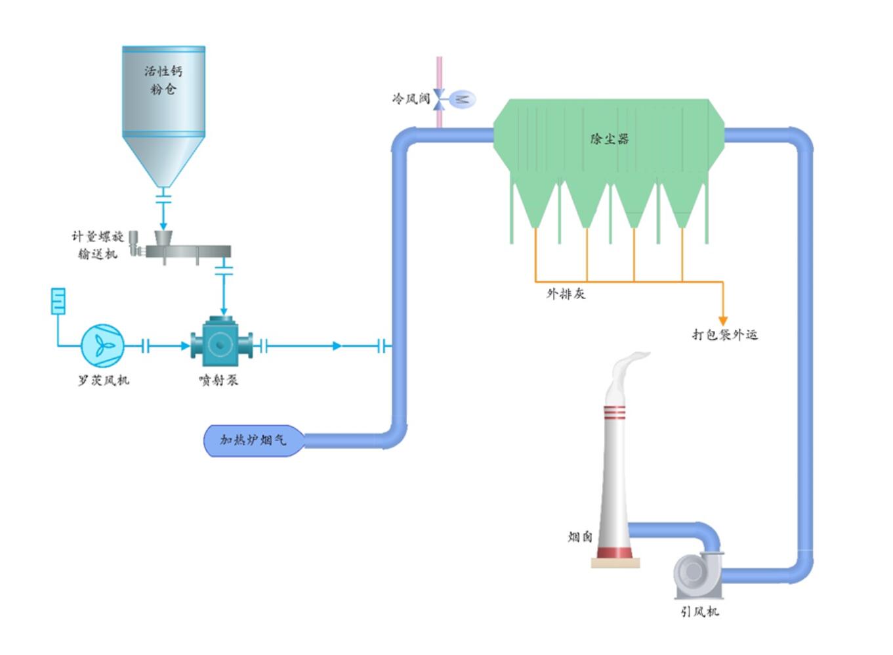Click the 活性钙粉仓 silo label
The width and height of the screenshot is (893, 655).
[x=163, y=79]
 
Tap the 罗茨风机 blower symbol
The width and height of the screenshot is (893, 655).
[x=102, y=345]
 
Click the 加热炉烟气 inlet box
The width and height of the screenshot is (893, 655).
[x=253, y=440]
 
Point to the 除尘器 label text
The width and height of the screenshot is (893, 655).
[x=610, y=139]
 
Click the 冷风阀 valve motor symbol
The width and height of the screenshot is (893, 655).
[x=463, y=99]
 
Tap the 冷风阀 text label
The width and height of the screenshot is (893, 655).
[x=411, y=99]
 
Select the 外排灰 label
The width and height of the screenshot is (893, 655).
[x=566, y=294]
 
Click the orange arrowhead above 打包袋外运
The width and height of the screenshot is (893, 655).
[x=723, y=321]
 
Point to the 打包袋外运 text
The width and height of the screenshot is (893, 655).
[x=724, y=334]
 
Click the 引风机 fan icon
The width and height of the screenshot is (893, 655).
[x=697, y=574]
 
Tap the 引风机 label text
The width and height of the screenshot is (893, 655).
[x=699, y=612]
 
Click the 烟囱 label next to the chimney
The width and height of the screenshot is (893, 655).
[x=580, y=537]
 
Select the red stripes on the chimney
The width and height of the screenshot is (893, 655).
[x=615, y=413]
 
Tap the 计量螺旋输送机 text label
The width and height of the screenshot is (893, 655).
[x=98, y=245]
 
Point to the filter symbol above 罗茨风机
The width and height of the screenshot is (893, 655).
[x=58, y=301]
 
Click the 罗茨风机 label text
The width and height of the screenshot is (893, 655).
[x=104, y=380]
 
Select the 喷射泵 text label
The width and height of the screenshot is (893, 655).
[x=218, y=380]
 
